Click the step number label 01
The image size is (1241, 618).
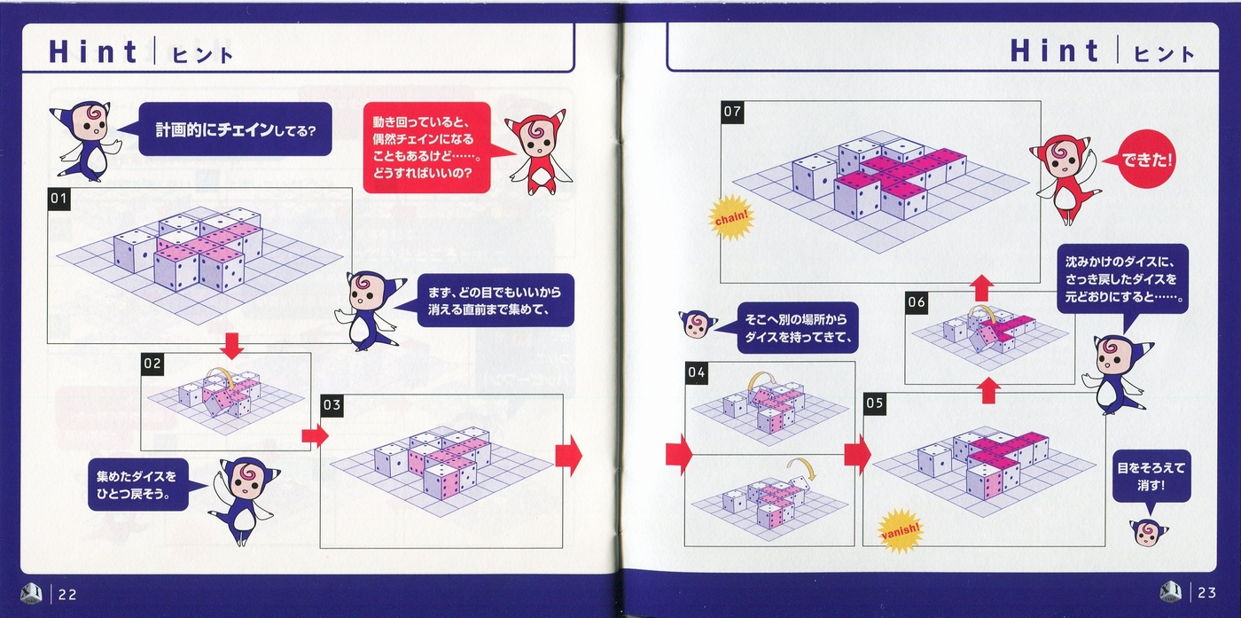(59, 199)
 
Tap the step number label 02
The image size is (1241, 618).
(152, 364)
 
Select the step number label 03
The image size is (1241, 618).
(332, 405)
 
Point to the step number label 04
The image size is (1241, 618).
(697, 372)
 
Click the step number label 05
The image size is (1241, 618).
(874, 403)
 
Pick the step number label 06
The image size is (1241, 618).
(916, 302)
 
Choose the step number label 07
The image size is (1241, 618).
(732, 112)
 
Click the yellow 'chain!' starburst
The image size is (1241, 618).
(731, 218)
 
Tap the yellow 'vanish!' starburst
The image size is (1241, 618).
(901, 531)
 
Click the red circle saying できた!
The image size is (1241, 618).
(1145, 160)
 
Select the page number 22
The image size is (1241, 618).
(67, 594)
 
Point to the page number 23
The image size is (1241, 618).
(1206, 593)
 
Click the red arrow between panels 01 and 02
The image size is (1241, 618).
(231, 345)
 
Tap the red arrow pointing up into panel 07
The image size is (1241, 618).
(982, 287)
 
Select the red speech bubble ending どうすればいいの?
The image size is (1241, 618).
(426, 147)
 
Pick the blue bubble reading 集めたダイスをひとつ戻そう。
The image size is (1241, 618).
(138, 484)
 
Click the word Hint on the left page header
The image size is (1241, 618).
(92, 52)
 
